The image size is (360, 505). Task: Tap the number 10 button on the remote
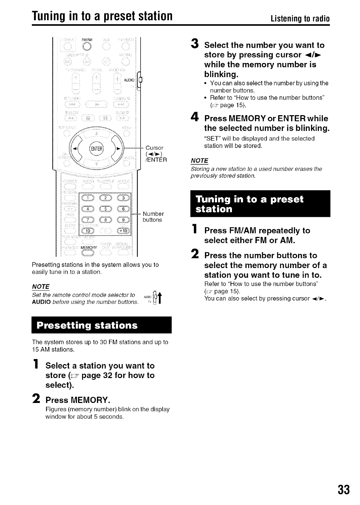[x=86, y=231]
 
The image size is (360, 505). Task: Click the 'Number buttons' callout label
[x=153, y=217]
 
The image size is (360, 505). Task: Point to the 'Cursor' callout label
[x=154, y=148]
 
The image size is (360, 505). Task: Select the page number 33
[x=344, y=489]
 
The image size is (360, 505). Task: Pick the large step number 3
[x=195, y=45]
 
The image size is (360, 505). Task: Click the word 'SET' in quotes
[x=210, y=138]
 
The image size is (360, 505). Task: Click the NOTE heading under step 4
[x=199, y=160]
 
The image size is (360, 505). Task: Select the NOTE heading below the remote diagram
[x=40, y=286]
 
